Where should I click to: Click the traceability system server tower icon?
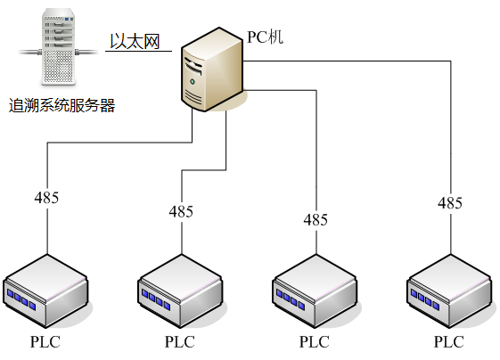point(59,47)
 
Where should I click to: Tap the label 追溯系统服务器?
point(61,105)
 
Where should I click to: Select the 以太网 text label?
point(135,42)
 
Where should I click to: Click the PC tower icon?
point(212,70)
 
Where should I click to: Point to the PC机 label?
point(265,37)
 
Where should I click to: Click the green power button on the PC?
point(193,82)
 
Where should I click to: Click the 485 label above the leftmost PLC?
point(46,198)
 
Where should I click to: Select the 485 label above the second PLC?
point(181,211)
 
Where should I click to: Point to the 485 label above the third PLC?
point(316,220)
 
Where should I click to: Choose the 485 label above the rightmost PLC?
point(450,203)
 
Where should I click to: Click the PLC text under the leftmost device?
point(45,342)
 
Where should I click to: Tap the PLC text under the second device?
point(180,342)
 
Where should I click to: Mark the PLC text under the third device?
point(315,342)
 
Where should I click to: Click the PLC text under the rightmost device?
point(449,342)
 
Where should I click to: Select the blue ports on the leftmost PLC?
point(21,299)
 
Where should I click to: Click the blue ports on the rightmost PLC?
point(425,299)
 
